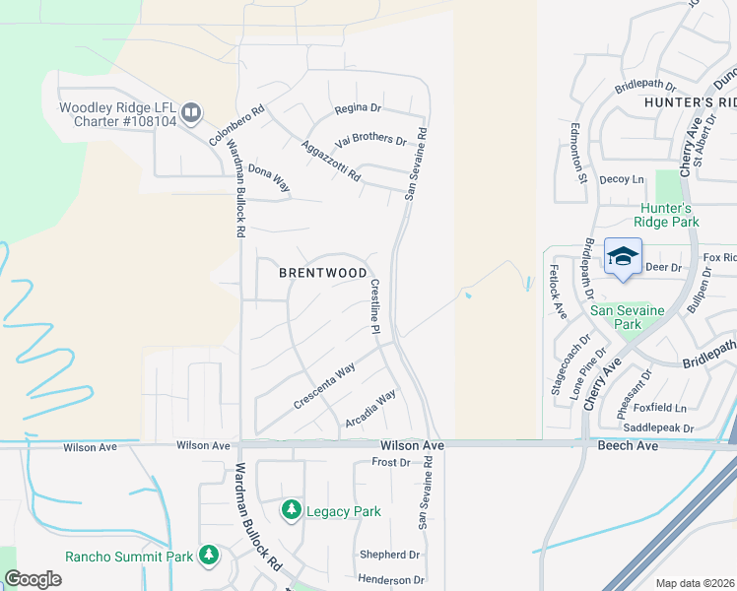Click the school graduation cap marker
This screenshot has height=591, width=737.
622,257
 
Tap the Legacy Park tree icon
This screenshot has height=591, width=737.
291,509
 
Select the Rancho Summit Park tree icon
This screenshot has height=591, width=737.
208,556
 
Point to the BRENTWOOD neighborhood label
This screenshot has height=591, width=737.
323,273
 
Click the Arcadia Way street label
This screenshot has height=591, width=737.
370,409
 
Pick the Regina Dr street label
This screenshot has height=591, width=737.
358,108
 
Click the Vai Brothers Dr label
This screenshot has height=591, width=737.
370,140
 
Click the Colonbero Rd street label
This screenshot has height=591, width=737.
237,127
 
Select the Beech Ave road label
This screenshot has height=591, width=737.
620,446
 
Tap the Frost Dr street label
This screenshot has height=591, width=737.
390,462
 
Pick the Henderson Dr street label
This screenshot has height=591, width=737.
390,580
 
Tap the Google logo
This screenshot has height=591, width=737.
33,579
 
